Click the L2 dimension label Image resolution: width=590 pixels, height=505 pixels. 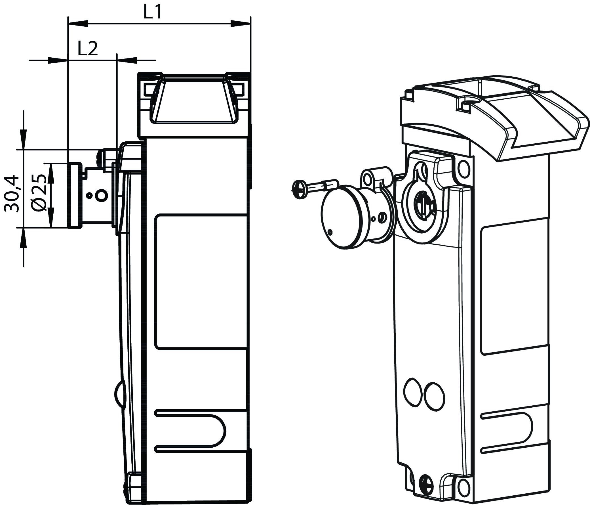(x=88, y=49)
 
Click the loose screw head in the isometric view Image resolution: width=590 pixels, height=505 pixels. (x=298, y=190)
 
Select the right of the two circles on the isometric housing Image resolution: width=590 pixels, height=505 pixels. (x=434, y=397)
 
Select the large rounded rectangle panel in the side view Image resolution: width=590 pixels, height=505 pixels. (x=201, y=282)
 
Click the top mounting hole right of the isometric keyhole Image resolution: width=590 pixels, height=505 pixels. (x=463, y=169)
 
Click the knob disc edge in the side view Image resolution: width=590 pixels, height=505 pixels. (x=75, y=195)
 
